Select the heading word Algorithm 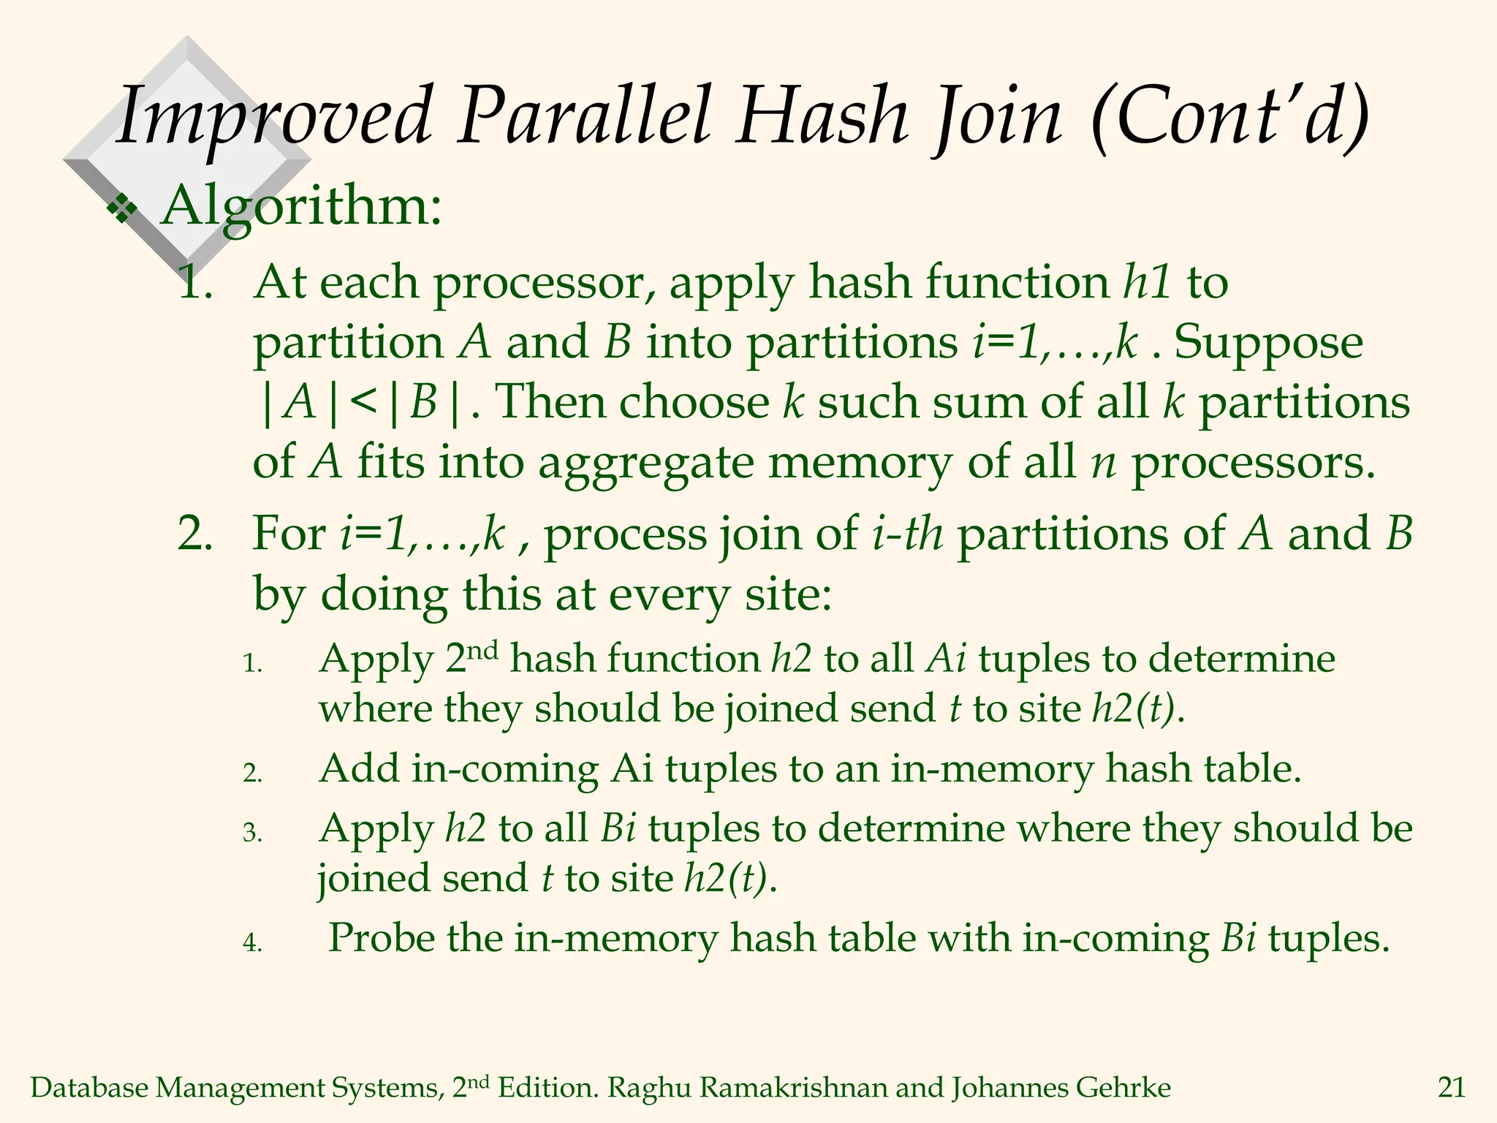pos(301,207)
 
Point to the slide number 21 pos(1452,1088)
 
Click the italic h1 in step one pos(1148,282)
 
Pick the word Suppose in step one pos(1269,343)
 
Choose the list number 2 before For pos(194,534)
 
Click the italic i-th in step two pos(908,534)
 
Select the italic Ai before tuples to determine pos(946,659)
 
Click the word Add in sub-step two pos(358,769)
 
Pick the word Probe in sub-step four pos(381,938)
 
